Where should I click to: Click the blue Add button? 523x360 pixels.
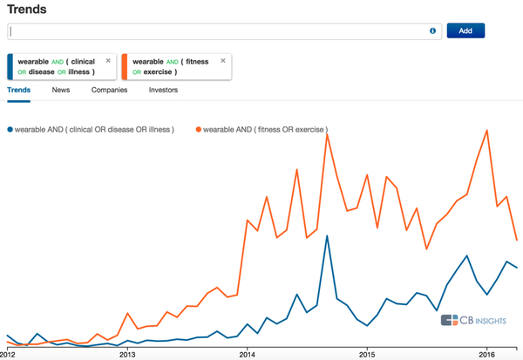(465, 31)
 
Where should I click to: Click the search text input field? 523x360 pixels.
(218, 31)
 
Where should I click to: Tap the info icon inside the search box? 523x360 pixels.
(432, 31)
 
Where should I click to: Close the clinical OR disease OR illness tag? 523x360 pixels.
(108, 61)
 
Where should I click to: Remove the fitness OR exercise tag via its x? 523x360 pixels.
(223, 61)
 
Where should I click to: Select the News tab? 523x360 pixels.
(61, 90)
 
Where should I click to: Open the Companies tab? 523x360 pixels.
(109, 90)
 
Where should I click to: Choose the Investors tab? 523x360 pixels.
(163, 90)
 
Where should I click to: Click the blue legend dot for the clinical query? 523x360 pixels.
(10, 130)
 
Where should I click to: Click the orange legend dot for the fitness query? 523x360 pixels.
(199, 130)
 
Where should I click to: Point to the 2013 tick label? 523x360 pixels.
(128, 355)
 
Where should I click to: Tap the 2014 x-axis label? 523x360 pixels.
(248, 355)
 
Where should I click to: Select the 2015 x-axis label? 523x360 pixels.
(367, 355)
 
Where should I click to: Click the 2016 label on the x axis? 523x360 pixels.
(486, 355)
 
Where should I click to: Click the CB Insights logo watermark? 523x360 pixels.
(478, 320)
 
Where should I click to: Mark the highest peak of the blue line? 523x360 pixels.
(327, 235)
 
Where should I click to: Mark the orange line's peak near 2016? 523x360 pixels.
(486, 130)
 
